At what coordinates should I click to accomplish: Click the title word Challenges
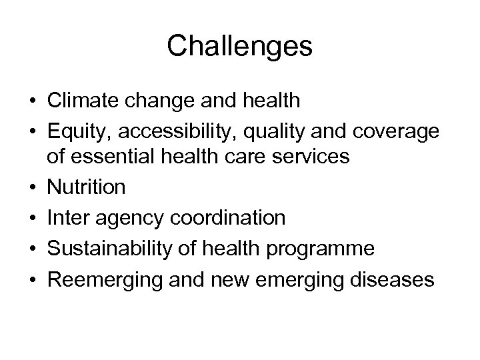239,47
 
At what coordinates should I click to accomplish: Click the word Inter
67,218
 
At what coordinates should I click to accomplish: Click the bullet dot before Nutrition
33,188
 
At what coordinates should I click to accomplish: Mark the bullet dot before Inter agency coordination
33,219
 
